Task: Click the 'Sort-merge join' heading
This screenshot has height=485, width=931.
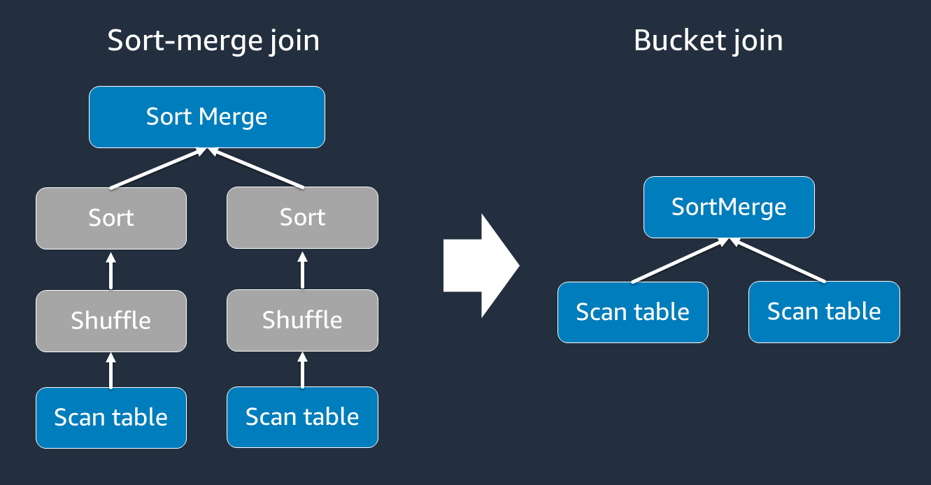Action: pyautogui.click(x=213, y=41)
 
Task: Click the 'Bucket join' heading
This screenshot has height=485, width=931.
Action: pyautogui.click(x=708, y=41)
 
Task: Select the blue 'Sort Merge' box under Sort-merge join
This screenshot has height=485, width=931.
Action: pyautogui.click(x=207, y=117)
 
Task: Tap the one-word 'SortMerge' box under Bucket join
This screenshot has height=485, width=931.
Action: pyautogui.click(x=729, y=207)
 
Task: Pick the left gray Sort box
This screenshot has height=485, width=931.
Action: pyautogui.click(x=111, y=218)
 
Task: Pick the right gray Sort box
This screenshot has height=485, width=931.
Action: pyautogui.click(x=302, y=218)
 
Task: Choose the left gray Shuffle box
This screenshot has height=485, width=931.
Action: pyautogui.click(x=111, y=320)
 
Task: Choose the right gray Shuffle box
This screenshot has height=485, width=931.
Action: pyautogui.click(x=302, y=320)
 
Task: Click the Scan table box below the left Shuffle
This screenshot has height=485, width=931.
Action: pyautogui.click(x=111, y=417)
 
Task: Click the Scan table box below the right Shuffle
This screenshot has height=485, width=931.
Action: pyautogui.click(x=302, y=417)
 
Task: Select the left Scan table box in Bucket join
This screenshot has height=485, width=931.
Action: pyautogui.click(x=632, y=312)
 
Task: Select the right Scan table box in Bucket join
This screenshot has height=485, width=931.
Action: pyautogui.click(x=824, y=312)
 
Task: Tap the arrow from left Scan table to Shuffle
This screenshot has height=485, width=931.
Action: pyautogui.click(x=111, y=370)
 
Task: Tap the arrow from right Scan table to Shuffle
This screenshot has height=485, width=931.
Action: pyautogui.click(x=302, y=370)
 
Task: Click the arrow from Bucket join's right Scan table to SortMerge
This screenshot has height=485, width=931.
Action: pyautogui.click(x=778, y=261)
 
